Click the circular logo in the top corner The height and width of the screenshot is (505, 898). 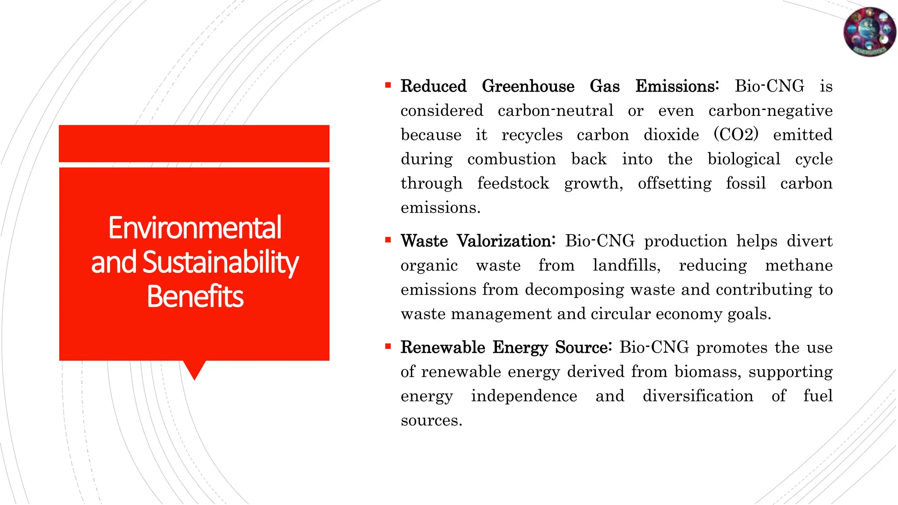[869, 32]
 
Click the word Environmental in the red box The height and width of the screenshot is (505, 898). [195, 228]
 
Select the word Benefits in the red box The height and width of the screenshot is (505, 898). [195, 297]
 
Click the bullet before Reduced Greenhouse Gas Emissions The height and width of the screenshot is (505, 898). [388, 85]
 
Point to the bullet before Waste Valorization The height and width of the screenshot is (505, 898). [388, 240]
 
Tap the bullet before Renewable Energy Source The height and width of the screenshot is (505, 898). [388, 346]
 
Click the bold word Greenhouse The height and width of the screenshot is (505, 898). [528, 86]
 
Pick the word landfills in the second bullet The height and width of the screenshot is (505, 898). [626, 266]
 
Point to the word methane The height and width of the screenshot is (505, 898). [798, 266]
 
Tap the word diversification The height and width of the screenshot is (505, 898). [698, 396]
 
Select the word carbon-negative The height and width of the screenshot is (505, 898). [770, 110]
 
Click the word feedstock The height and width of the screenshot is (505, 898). [513, 183]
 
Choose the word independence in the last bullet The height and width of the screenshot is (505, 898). [524, 396]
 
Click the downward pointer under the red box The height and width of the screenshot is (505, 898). [194, 369]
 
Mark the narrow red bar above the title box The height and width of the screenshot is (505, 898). [194, 143]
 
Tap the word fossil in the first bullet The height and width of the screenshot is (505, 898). [745, 183]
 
